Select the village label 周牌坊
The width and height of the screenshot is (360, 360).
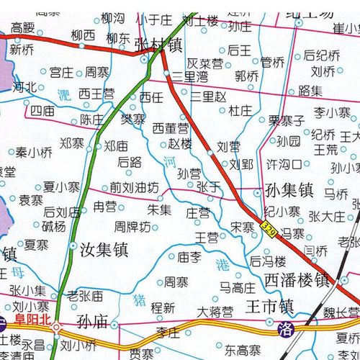[132, 228]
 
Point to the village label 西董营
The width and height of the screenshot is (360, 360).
[171, 127]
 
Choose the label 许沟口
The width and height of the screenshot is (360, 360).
[284, 164]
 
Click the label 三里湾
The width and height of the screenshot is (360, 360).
[191, 75]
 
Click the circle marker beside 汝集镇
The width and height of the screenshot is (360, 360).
[73, 246]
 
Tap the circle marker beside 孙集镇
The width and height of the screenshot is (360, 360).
[258, 192]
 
